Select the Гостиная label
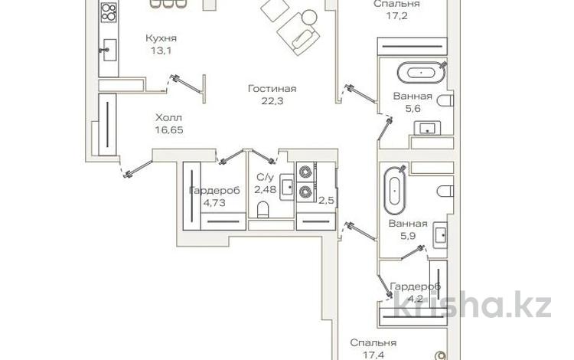[x=271, y=89]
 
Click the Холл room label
[x=169, y=119]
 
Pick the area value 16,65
[x=169, y=130]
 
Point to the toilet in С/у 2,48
[x=263, y=208]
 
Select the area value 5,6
[x=413, y=109]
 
